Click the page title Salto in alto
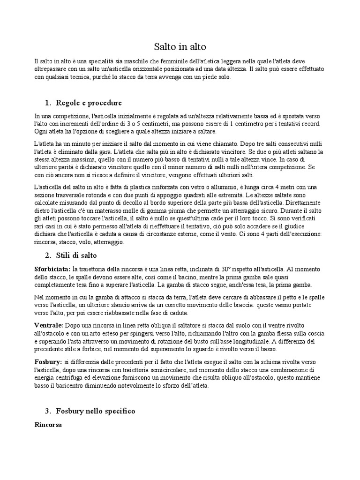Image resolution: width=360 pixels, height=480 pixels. pos(180,47)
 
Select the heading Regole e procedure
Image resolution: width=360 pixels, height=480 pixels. pos(89,103)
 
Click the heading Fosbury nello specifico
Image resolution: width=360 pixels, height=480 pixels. pos(95,411)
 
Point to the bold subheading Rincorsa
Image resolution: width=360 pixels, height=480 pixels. pos(48,425)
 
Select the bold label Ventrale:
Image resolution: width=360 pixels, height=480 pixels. pos(49,325)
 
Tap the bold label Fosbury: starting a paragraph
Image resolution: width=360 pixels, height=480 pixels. pos(48,362)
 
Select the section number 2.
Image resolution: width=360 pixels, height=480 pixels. pos(48,255)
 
